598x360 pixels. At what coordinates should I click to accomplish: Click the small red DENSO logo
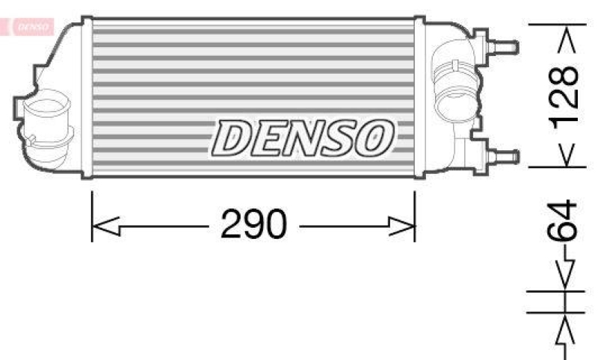click(x=30, y=27)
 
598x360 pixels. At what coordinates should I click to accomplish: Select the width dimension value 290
click(x=253, y=224)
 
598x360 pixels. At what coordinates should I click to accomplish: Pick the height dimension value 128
click(x=567, y=95)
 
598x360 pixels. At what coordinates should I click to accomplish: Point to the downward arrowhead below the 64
click(x=567, y=278)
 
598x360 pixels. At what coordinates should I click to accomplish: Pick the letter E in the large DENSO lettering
click(x=269, y=138)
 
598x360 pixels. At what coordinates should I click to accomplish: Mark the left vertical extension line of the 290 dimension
click(x=92, y=217)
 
